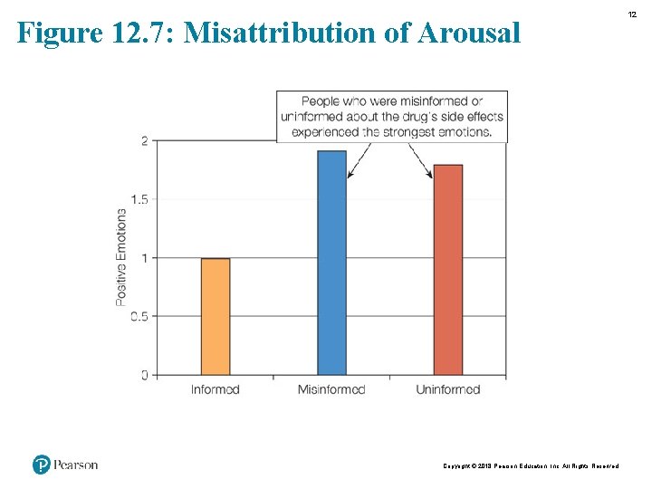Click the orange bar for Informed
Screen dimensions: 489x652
(x=216, y=316)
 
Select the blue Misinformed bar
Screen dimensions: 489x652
(x=331, y=263)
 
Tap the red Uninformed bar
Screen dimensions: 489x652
(x=447, y=269)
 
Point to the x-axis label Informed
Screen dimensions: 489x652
(x=216, y=389)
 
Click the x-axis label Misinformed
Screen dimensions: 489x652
(x=331, y=389)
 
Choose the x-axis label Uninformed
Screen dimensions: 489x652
(x=447, y=389)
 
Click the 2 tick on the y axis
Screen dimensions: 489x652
(x=145, y=140)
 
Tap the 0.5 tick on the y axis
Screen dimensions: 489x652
(x=139, y=316)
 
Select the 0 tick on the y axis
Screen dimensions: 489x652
(x=145, y=375)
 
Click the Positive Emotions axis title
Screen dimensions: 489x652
(x=121, y=257)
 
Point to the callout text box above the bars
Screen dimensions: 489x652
(x=392, y=116)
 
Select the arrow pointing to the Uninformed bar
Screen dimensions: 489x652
(x=421, y=160)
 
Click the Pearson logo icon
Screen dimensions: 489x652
(x=41, y=465)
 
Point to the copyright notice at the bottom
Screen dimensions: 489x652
(x=531, y=465)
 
